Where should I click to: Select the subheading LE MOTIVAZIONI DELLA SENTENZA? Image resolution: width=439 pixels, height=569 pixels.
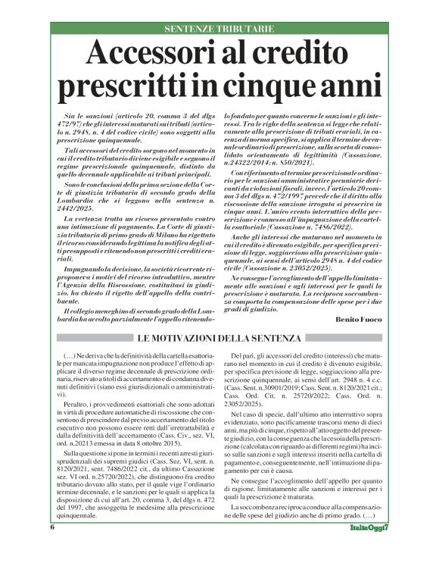coord(219,337)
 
